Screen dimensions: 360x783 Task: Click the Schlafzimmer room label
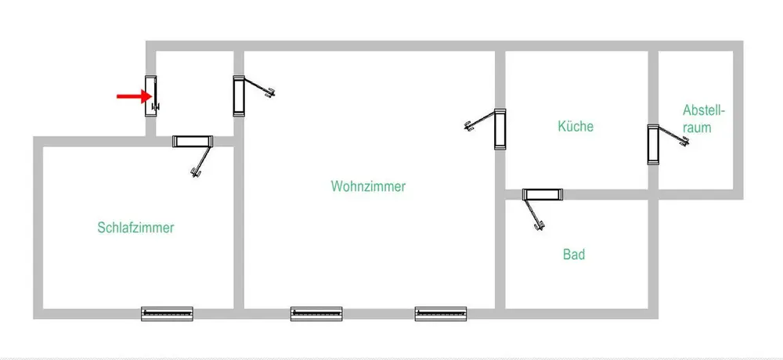pyautogui.click(x=135, y=228)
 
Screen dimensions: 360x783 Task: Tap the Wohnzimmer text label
pyautogui.click(x=368, y=187)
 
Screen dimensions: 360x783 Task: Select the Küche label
pyautogui.click(x=576, y=126)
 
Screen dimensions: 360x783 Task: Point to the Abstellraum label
pyautogui.click(x=697, y=117)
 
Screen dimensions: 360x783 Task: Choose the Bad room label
pyautogui.click(x=574, y=254)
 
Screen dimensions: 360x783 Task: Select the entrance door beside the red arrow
pyautogui.click(x=151, y=96)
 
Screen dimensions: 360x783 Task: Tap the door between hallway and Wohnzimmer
pyautogui.click(x=239, y=96)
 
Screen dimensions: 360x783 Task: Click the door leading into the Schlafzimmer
pyautogui.click(x=193, y=142)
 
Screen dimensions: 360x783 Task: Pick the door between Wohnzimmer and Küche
pyautogui.click(x=500, y=128)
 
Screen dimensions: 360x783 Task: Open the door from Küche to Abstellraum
pyautogui.click(x=652, y=145)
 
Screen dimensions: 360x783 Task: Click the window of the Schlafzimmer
pyautogui.click(x=167, y=314)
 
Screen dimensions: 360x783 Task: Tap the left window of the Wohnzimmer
pyautogui.click(x=316, y=314)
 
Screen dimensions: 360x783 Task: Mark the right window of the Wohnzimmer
pyautogui.click(x=441, y=314)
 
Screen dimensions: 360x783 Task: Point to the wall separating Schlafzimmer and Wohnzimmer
pyautogui.click(x=240, y=235)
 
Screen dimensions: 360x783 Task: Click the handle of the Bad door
pyautogui.click(x=538, y=226)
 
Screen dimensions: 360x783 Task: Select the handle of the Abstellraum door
pyautogui.click(x=684, y=142)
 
